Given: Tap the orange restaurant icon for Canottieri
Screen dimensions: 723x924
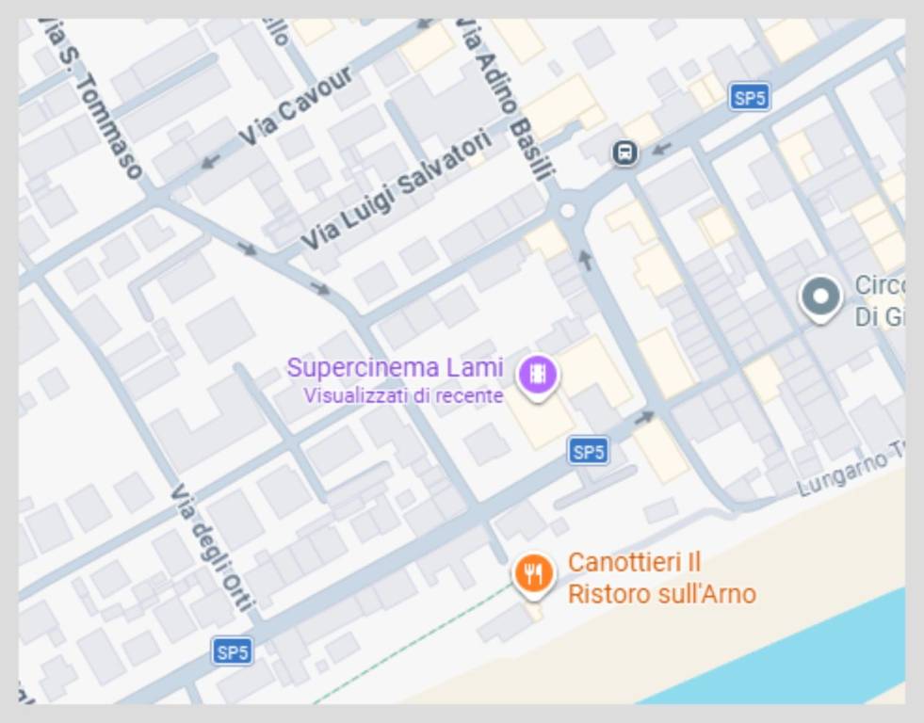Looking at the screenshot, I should click(534, 572).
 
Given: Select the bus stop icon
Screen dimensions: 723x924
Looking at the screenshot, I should click(624, 153).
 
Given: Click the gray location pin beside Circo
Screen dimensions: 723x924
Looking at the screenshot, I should click(820, 297).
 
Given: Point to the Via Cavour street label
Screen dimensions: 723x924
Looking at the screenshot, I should click(295, 105).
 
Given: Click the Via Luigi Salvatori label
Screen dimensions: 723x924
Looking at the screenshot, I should click(396, 189).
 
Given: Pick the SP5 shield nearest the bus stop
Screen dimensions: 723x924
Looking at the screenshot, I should click(750, 97).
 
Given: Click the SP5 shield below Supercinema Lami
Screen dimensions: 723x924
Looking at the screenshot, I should click(588, 452).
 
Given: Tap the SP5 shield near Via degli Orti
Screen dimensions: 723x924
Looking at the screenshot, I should click(232, 651).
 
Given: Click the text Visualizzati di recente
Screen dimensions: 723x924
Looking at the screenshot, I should click(403, 396).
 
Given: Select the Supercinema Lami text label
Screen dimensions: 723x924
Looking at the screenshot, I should click(396, 367).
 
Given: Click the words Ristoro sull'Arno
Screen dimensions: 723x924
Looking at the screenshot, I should click(661, 595).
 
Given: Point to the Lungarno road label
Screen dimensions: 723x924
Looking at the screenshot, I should click(843, 474).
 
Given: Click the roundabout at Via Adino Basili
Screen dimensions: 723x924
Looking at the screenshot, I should click(567, 212).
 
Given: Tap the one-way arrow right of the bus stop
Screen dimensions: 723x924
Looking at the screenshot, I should click(662, 148).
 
